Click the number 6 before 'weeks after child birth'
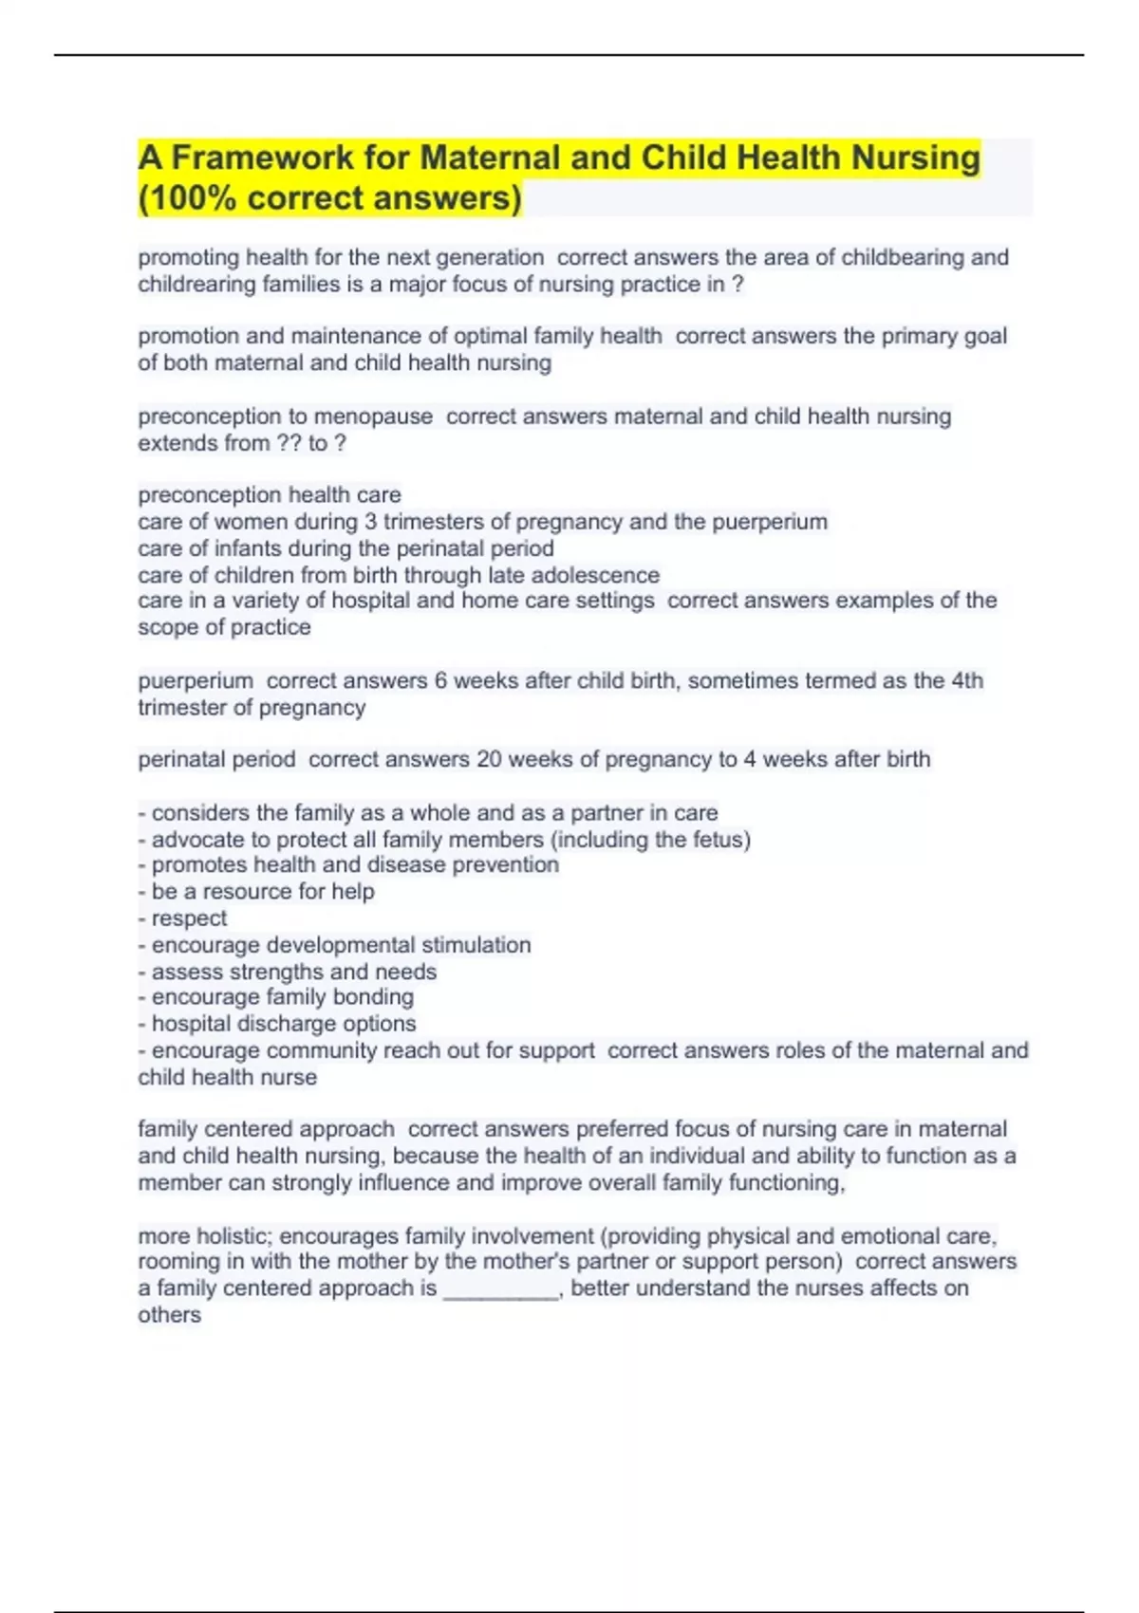[440, 680]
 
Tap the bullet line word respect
[189, 918]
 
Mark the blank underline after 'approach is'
[501, 1289]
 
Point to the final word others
[169, 1315]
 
